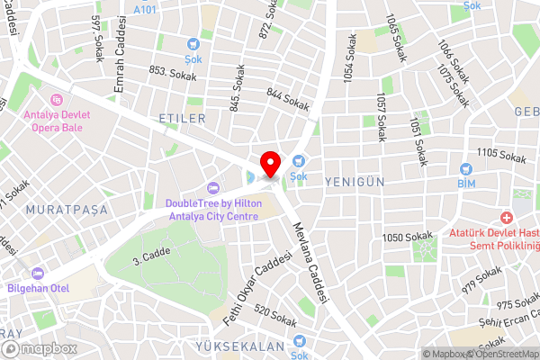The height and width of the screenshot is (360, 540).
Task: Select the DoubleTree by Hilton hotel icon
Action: [x=213, y=187]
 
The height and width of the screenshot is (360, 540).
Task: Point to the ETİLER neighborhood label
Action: [x=182, y=119]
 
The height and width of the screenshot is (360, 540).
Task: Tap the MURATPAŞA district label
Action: [x=67, y=209]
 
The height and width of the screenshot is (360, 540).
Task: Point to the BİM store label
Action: [x=465, y=184]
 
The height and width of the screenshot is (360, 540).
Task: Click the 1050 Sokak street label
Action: [x=407, y=237]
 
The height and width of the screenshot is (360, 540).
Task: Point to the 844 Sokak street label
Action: [x=288, y=100]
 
